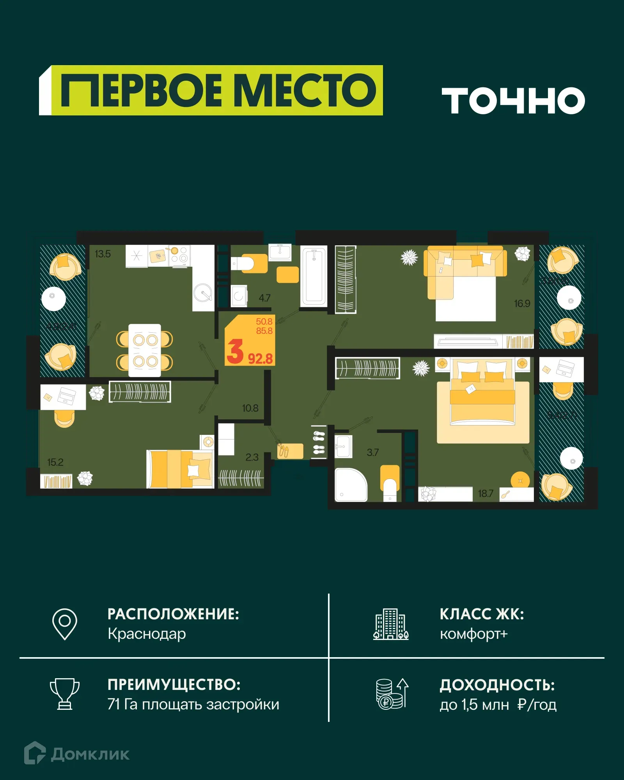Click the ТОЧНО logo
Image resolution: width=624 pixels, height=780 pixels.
(513, 101)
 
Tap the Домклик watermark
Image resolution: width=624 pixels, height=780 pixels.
(77, 754)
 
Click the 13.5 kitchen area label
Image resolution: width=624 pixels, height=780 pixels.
(103, 254)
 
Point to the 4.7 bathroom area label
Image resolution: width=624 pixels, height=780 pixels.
(264, 298)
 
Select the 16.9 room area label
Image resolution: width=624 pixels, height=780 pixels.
(522, 303)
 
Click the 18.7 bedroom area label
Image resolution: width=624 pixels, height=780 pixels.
(486, 493)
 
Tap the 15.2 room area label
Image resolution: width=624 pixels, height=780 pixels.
(55, 462)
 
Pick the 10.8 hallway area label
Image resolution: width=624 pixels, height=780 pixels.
(250, 408)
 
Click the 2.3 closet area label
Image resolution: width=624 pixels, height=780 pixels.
(252, 457)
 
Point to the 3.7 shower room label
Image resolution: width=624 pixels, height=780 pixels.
(372, 452)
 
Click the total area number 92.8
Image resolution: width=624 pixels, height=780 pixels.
(260, 358)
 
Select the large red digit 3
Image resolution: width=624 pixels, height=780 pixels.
(235, 351)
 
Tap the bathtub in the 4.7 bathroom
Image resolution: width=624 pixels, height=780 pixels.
(314, 277)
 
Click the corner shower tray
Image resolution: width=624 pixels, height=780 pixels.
(350, 485)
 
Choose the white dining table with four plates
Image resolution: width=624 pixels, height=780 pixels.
(145, 350)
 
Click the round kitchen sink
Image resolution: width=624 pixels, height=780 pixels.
(203, 292)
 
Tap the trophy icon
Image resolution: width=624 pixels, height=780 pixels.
(65, 694)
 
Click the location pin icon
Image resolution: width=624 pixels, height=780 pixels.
(65, 624)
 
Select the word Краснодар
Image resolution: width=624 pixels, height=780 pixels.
(147, 634)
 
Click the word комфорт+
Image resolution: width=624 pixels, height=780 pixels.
(473, 634)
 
